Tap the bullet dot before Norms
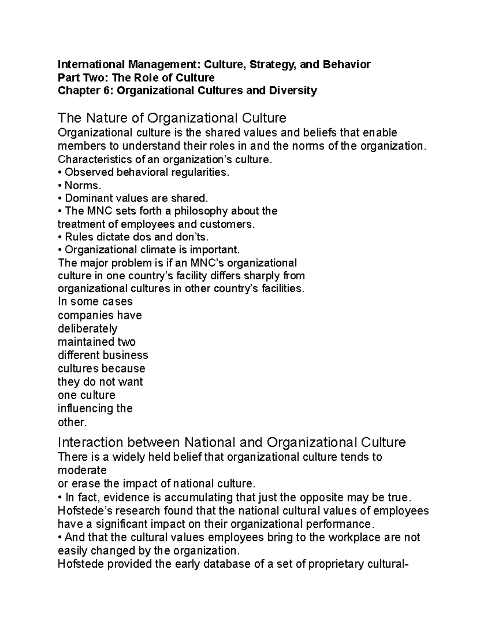tap(60, 186)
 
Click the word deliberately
tap(88, 329)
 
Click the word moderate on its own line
tap(82, 470)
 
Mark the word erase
tap(86, 484)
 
